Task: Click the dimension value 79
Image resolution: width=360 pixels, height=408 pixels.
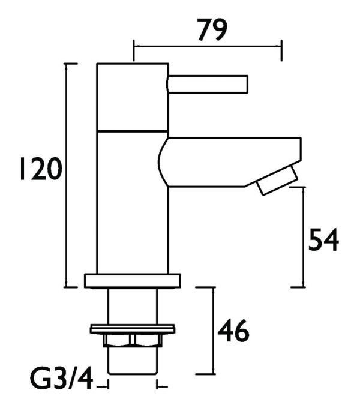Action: coord(212,30)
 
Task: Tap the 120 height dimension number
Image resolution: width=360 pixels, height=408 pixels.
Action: coord(41,169)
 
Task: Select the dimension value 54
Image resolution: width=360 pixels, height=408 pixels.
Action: coord(323,239)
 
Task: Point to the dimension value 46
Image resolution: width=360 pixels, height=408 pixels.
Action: coord(233,331)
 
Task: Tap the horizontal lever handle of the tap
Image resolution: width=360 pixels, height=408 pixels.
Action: coord(208,84)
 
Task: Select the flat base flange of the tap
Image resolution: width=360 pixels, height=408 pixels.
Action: coord(133,281)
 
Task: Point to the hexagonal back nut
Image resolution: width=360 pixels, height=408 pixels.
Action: coord(133,341)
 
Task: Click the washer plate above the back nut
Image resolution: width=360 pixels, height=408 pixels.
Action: coord(133,329)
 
